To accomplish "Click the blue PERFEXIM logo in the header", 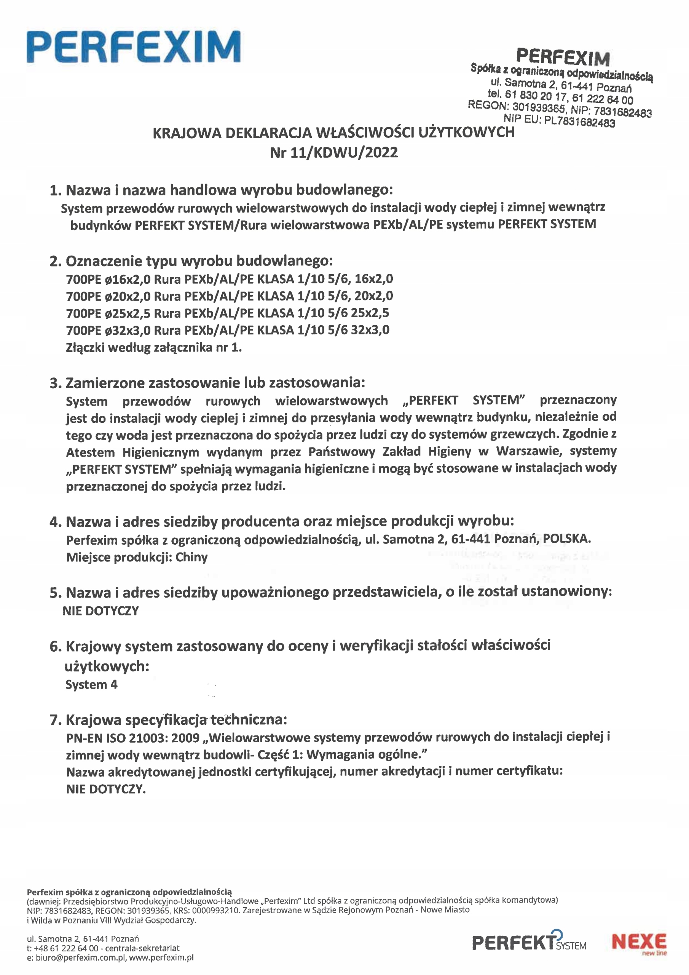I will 133,47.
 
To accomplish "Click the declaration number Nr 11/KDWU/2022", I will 334,152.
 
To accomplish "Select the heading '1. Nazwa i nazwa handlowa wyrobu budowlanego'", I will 221,190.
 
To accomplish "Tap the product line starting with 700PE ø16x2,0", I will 229,279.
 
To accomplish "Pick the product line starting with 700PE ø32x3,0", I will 228,330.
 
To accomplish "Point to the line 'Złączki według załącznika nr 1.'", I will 154,347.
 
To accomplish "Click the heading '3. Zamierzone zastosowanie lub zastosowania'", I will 207,383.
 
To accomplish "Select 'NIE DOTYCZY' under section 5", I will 100,611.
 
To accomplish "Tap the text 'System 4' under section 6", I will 91,684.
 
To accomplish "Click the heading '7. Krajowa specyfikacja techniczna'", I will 169,720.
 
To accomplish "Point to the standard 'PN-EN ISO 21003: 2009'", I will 133,738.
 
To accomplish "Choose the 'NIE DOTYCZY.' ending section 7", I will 106,789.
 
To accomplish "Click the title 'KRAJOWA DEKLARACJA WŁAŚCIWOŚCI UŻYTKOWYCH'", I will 334,133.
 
